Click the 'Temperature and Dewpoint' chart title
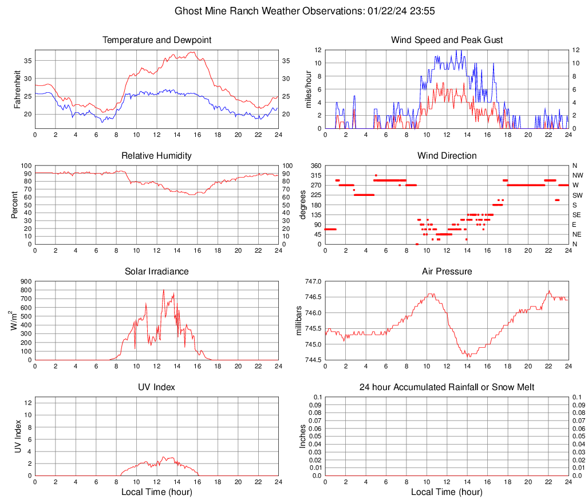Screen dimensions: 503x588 point(156,40)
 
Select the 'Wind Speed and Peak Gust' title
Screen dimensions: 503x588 point(447,40)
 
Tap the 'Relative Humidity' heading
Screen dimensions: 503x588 point(156,156)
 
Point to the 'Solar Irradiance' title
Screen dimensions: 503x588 point(156,272)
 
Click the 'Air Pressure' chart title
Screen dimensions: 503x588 point(447,272)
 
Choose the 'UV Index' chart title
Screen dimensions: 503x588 point(156,387)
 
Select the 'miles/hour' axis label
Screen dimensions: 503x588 point(309,89)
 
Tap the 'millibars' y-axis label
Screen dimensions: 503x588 point(298,321)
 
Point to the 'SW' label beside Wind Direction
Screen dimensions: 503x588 point(577,195)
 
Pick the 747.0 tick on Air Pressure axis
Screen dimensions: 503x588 point(313,281)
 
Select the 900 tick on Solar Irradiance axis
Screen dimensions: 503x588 point(26,281)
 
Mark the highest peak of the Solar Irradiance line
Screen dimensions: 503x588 point(164,290)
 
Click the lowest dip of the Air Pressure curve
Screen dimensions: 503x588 point(469,357)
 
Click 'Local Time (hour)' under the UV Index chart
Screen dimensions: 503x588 point(156,492)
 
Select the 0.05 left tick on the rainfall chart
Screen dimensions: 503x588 point(314,436)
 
